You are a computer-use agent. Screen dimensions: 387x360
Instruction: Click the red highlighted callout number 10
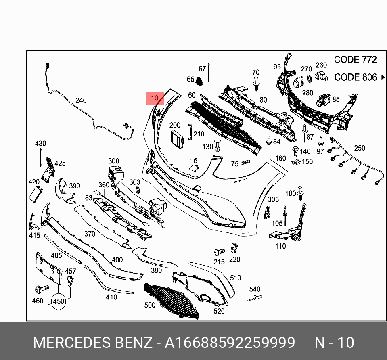[155, 98]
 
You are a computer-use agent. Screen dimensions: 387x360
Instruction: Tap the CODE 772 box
[355, 60]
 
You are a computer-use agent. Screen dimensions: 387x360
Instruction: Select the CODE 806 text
[355, 77]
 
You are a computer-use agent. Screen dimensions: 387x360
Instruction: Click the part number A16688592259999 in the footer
[230, 343]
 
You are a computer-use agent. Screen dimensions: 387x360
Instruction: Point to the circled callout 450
[59, 301]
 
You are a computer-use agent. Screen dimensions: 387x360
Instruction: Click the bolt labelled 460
[41, 289]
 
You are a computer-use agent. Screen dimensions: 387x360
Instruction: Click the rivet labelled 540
[254, 299]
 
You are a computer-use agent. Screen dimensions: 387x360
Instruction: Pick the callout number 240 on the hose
[81, 100]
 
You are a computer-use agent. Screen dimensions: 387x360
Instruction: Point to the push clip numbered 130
[218, 145]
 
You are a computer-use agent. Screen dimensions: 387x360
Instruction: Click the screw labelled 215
[219, 252]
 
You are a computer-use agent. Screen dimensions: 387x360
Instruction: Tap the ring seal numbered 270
[310, 78]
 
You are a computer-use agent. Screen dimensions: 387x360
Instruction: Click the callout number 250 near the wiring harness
[359, 148]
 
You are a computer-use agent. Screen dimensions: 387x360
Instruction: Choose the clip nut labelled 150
[295, 163]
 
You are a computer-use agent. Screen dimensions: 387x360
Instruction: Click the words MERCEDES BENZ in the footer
[92, 343]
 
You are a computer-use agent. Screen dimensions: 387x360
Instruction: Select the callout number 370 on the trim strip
[90, 234]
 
